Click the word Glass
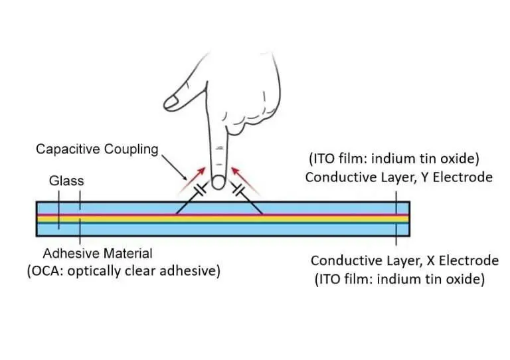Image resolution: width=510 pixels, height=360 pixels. pyautogui.click(x=67, y=180)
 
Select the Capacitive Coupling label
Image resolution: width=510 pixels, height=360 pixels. pyautogui.click(x=97, y=149)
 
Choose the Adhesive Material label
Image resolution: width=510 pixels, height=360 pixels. pyautogui.click(x=98, y=253)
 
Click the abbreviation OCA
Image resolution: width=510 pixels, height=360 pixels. pyautogui.click(x=46, y=272)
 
